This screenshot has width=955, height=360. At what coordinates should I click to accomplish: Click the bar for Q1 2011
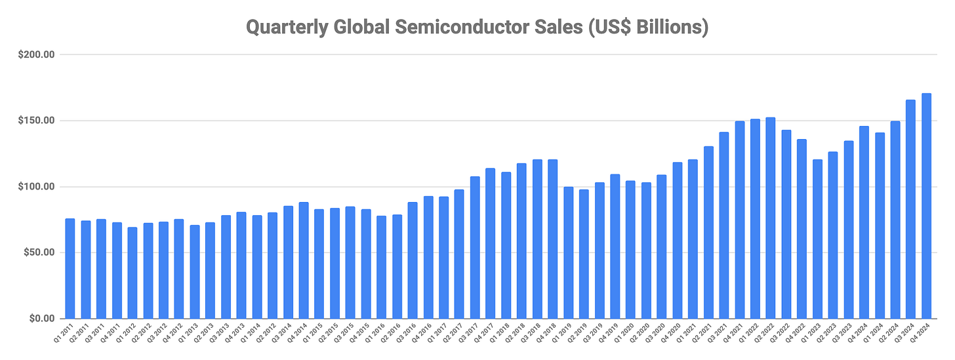(x=70, y=268)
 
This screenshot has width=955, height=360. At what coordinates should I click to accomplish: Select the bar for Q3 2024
(x=910, y=209)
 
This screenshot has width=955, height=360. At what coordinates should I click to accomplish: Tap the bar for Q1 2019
(x=568, y=252)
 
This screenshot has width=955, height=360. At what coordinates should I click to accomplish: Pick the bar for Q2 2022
(x=771, y=218)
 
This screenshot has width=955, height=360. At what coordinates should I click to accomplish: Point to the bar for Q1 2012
(x=132, y=273)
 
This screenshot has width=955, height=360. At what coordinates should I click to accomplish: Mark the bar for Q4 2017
(x=491, y=243)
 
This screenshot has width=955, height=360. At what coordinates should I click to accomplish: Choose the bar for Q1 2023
(x=817, y=239)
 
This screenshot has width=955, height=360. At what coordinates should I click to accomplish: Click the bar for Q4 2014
(x=304, y=260)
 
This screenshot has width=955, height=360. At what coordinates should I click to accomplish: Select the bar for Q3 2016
(x=413, y=260)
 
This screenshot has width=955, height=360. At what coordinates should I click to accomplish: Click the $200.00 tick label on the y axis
(x=36, y=54)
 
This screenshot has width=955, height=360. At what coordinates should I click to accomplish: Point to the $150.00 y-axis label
(x=36, y=121)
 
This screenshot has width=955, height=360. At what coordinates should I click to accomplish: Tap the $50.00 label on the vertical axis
(x=39, y=252)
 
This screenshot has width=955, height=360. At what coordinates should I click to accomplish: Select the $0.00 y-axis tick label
(x=42, y=318)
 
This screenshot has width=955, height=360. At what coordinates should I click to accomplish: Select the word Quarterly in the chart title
(x=287, y=28)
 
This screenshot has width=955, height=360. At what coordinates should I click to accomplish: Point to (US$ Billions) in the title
(x=648, y=28)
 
